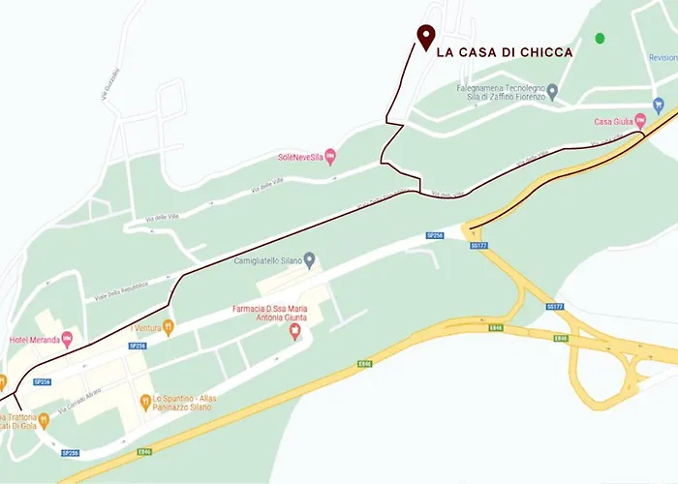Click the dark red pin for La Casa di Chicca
(425, 36)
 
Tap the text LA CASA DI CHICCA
(505, 52)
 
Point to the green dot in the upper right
(600, 38)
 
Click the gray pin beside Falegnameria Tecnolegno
(552, 92)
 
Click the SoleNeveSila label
(299, 156)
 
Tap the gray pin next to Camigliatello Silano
(310, 259)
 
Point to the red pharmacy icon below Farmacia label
(295, 332)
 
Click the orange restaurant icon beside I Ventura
(168, 327)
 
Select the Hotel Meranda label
(30, 339)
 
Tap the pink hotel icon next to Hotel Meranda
(67, 338)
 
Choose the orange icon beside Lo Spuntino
(143, 398)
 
